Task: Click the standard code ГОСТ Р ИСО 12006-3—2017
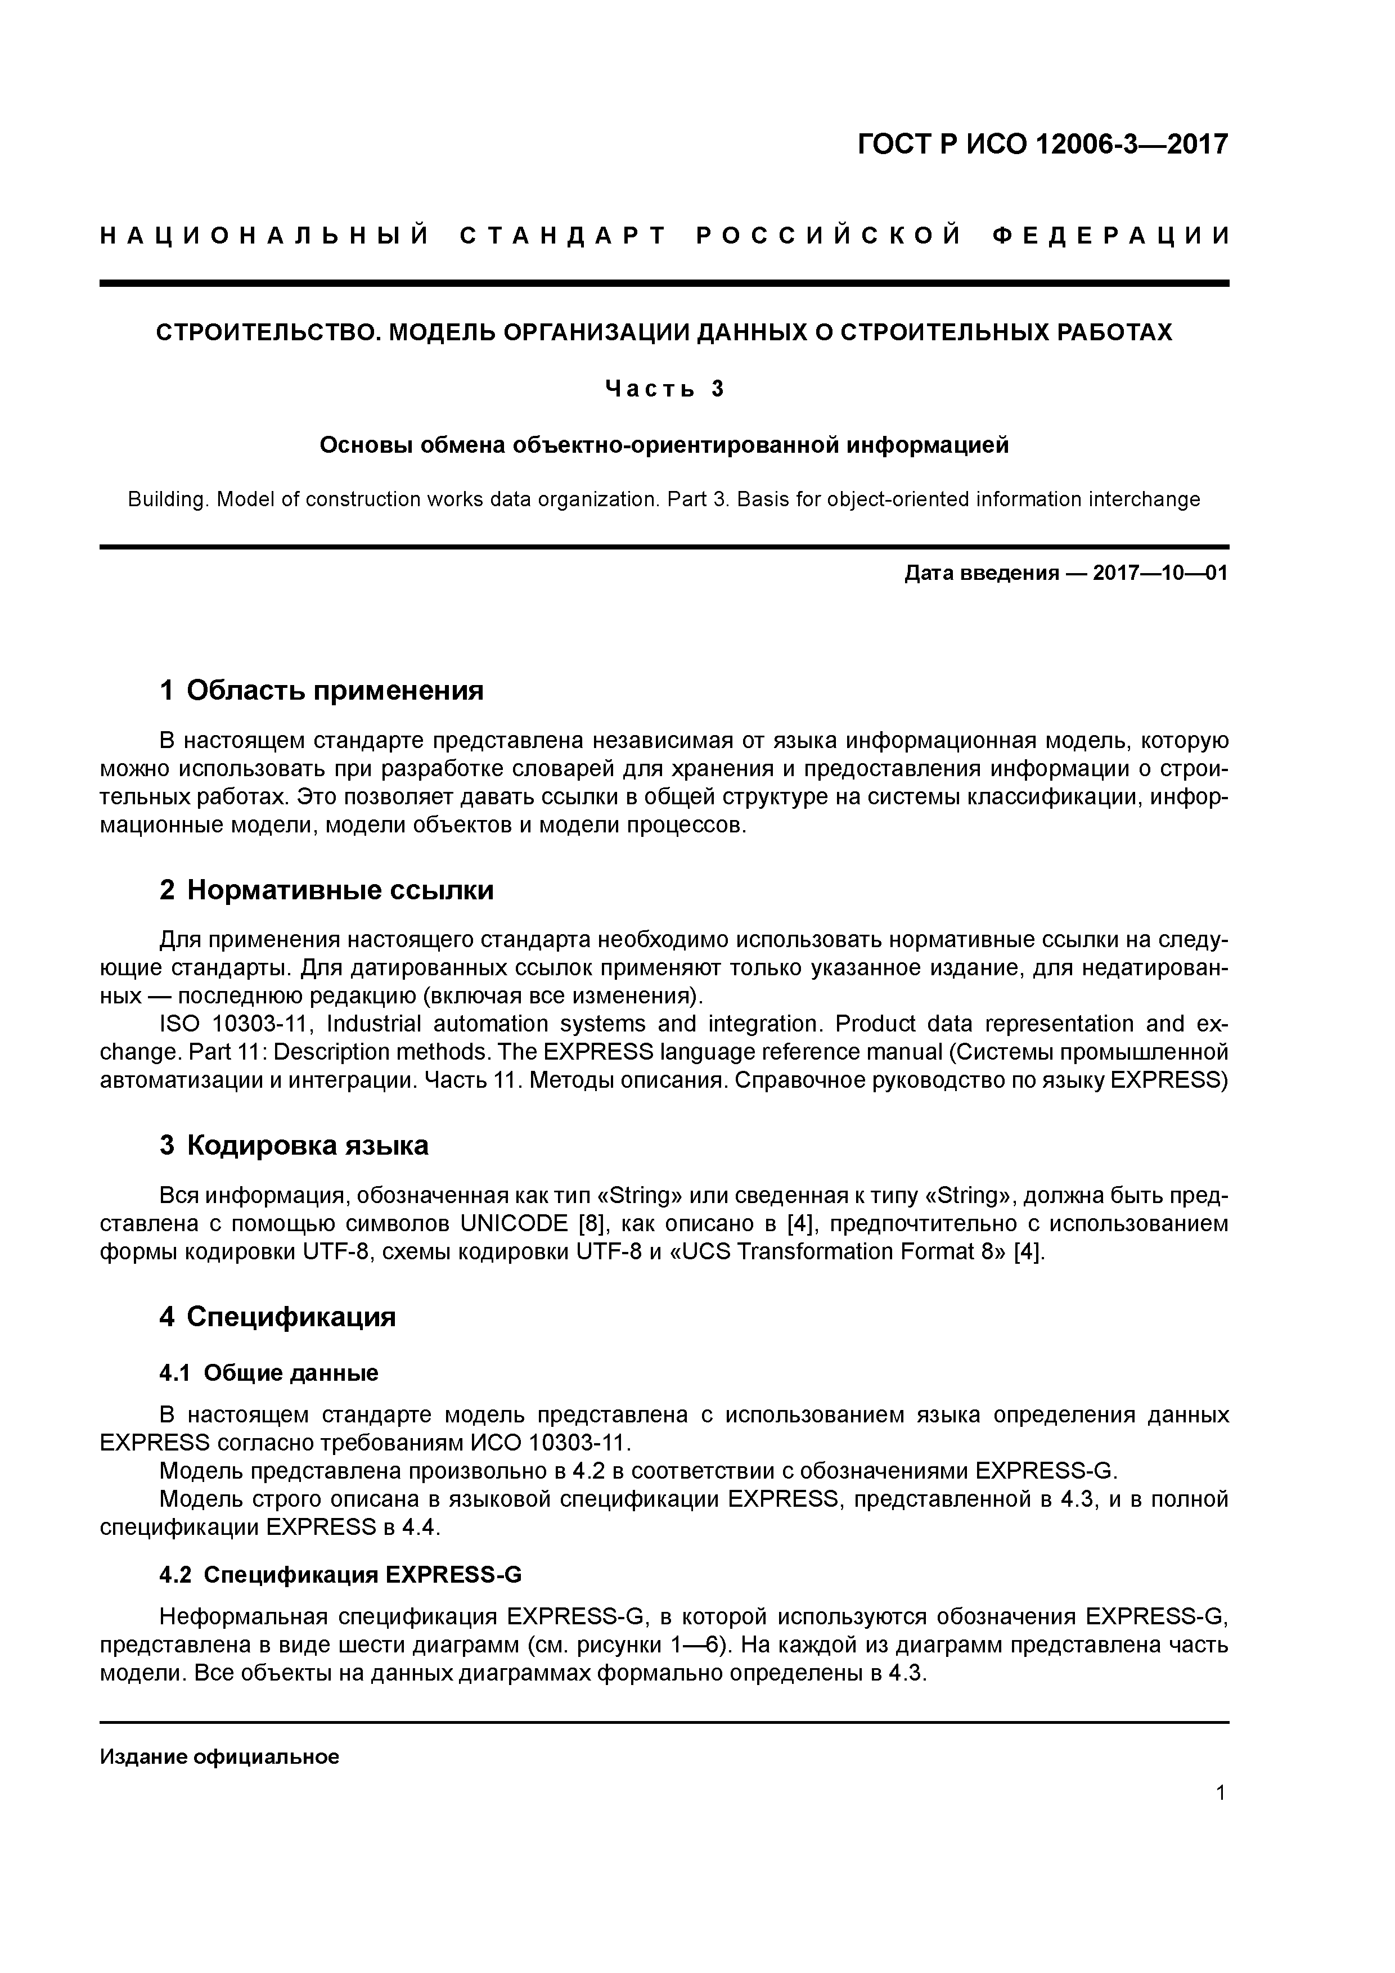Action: coord(1043,145)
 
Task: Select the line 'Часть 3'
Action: coord(664,389)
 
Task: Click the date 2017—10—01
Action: coord(1160,573)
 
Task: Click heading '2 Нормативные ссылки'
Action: coord(327,890)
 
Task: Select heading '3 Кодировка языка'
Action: coord(294,1146)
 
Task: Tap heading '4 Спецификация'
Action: coord(278,1317)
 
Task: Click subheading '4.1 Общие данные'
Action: coord(269,1373)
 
